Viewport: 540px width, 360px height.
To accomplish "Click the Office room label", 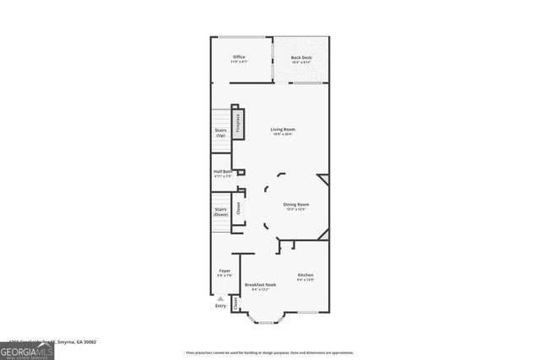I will coord(240,56).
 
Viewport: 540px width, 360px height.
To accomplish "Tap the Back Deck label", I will coord(301,56).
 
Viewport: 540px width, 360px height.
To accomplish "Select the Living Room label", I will coord(283,129).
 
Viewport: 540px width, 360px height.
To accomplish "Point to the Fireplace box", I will coord(238,124).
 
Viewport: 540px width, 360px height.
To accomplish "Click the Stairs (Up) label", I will coord(220,132).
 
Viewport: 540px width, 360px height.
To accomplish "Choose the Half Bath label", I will coord(222,171).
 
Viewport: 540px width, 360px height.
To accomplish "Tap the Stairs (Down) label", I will coord(221,212).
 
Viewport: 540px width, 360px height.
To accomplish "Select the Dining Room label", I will coord(295,204).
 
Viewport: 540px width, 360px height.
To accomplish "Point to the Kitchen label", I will coord(305,275).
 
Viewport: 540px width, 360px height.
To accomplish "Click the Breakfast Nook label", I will coord(260,285).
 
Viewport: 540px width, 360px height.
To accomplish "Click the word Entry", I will coord(220,306).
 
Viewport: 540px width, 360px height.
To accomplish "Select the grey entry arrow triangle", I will coord(220,298).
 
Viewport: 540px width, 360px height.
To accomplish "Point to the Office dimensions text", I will coord(240,62).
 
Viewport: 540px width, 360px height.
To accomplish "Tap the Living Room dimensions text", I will coord(283,134).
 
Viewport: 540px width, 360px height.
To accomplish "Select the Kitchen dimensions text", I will coord(305,280).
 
